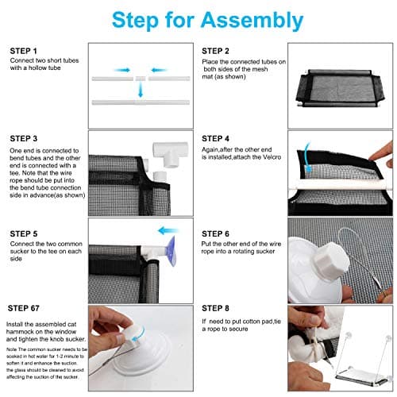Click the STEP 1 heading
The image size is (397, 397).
click(23, 51)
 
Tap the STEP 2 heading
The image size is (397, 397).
click(215, 51)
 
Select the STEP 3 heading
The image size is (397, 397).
click(24, 138)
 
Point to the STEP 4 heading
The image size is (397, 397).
click(215, 138)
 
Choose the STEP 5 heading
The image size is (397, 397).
click(24, 233)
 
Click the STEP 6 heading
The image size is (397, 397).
click(215, 233)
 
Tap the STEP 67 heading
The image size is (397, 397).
click(24, 308)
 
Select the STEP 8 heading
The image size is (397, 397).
click(215, 308)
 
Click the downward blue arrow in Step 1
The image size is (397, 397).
click(141, 90)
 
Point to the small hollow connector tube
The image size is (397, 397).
click(141, 79)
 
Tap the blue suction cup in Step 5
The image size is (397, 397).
click(171, 251)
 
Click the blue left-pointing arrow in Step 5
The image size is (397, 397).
click(168, 230)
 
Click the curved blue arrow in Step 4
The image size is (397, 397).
click(306, 157)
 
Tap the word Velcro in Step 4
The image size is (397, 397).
click(272, 157)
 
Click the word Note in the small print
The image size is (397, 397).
click(11, 349)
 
